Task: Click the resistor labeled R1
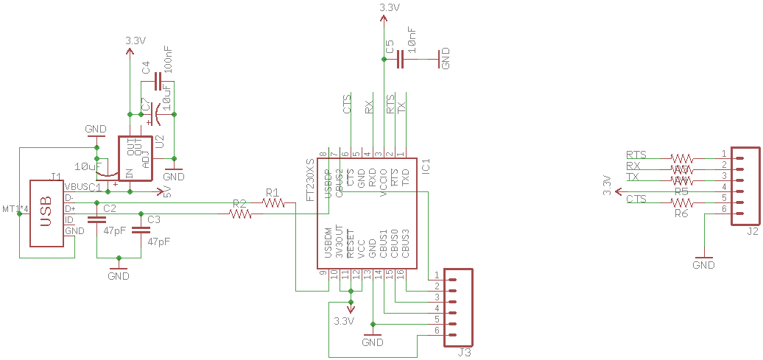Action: click(x=272, y=202)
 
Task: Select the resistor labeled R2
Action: click(x=240, y=214)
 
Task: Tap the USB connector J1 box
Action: click(x=46, y=213)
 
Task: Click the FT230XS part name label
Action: click(x=311, y=180)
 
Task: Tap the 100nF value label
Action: click(x=169, y=59)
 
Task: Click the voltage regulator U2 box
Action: click(x=135, y=158)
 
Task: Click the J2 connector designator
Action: click(x=752, y=231)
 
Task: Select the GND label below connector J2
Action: click(x=704, y=264)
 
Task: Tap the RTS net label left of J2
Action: click(x=636, y=155)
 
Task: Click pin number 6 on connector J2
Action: click(x=724, y=209)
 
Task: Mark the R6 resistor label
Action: click(x=681, y=213)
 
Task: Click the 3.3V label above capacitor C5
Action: click(x=389, y=7)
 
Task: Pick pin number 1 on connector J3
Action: click(x=437, y=275)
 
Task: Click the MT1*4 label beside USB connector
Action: click(x=15, y=209)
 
